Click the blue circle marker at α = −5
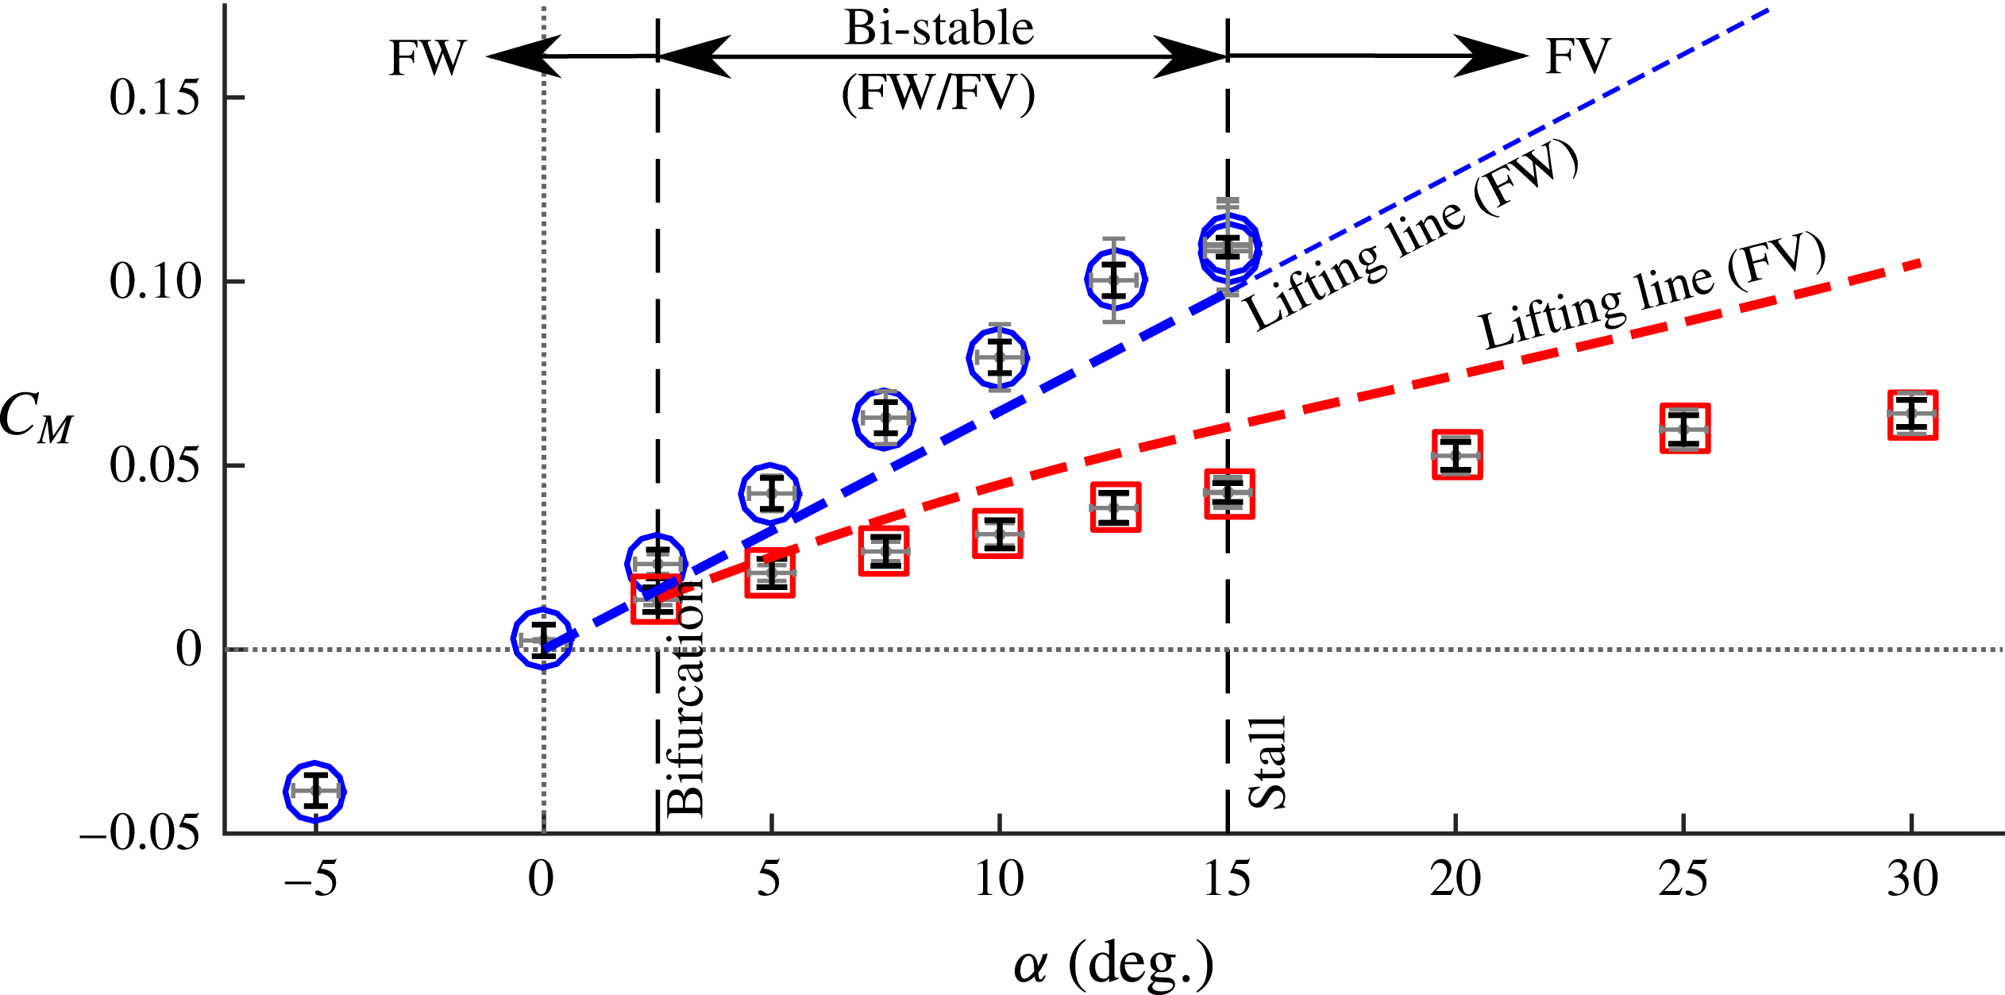[315, 792]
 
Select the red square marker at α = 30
[1912, 415]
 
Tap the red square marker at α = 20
[1457, 455]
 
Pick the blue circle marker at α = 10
[998, 357]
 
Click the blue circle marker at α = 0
[542, 639]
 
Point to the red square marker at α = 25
[1684, 429]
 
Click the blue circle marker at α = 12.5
[1115, 280]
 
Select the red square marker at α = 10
[998, 534]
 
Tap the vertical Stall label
[1267, 762]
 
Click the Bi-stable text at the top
[939, 29]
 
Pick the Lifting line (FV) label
[1652, 292]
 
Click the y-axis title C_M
[36, 418]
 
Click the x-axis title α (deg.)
[1113, 963]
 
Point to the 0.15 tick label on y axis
[154, 98]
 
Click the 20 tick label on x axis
[1455, 879]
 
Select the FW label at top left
[427, 58]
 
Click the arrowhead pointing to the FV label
[1493, 56]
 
